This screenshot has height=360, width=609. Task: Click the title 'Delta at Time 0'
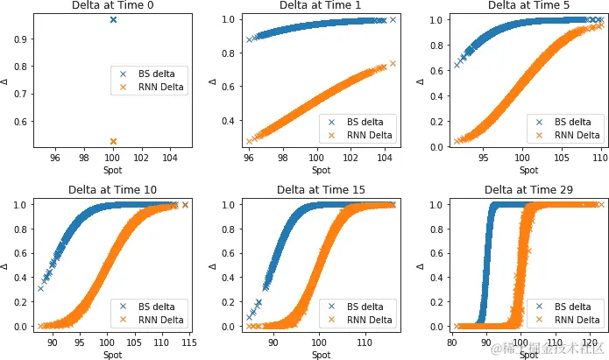(x=113, y=6)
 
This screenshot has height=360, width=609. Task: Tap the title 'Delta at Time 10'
(x=113, y=189)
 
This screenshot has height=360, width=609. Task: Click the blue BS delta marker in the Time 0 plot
(x=113, y=19)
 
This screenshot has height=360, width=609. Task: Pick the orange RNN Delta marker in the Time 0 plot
(x=113, y=141)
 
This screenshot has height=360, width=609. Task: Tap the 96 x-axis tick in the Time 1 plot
(x=250, y=158)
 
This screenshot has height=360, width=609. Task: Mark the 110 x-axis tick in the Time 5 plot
(x=600, y=158)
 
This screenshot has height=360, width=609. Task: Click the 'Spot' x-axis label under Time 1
(x=320, y=169)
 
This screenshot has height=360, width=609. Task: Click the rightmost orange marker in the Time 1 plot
(x=393, y=63)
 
